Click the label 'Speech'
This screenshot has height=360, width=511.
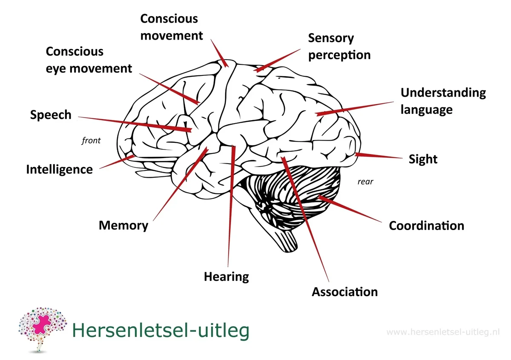pos(51,115)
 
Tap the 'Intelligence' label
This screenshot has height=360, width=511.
pos(59,170)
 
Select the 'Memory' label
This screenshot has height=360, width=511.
pos(123,225)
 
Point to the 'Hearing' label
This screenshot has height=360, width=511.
pos(226,276)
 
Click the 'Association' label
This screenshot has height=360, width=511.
pos(344,292)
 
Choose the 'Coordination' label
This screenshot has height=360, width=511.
pos(426,225)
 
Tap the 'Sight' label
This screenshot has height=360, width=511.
pos(423,159)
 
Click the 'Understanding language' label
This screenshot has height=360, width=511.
pos(443,101)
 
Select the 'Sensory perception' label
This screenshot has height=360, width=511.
pos(339,46)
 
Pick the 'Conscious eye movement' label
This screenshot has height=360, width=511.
pos(89,60)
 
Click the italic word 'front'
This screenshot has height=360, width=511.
pos(91,140)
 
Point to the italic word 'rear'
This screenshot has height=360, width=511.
pos(365,181)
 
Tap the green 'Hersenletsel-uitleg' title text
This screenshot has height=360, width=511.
pos(161,331)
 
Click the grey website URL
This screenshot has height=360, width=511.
pos(443,332)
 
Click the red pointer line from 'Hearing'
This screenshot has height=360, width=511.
pos(231,204)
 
